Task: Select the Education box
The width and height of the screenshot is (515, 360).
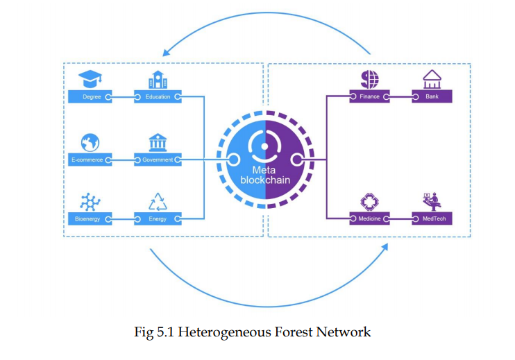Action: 158,96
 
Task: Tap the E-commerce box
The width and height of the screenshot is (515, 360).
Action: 90,160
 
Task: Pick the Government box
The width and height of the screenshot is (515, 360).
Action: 158,160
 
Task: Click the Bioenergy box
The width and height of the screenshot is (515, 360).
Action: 90,219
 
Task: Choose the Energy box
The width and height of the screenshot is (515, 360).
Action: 158,219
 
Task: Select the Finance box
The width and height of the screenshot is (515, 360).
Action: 369,96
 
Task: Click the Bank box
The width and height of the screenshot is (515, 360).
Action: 432,96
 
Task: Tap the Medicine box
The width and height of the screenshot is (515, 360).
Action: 369,218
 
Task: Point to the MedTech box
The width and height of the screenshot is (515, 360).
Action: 432,218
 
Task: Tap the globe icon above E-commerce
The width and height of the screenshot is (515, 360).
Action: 90,142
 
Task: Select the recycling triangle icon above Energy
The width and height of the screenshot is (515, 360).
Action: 158,202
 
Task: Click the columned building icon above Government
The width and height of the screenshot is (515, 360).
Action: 158,142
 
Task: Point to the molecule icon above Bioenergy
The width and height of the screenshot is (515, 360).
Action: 90,202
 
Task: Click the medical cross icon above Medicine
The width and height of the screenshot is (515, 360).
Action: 369,201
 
